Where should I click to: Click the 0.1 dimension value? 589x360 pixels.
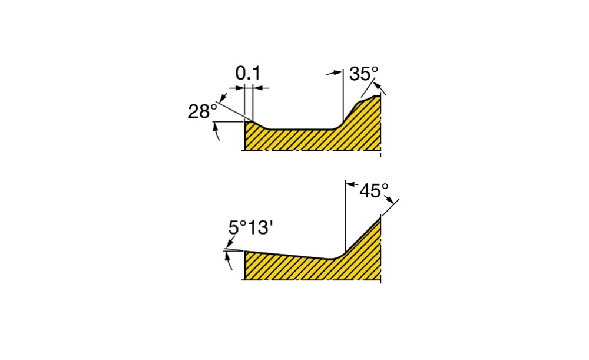point(247,73)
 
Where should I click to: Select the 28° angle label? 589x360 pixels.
point(203,111)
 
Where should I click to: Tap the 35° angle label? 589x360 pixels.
point(363,74)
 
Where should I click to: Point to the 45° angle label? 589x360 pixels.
point(374,191)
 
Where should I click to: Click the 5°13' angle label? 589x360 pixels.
point(250,227)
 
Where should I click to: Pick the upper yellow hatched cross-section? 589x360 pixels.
point(313,128)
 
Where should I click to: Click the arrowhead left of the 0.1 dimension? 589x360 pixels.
point(240,88)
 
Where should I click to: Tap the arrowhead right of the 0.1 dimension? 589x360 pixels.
point(258,88)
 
